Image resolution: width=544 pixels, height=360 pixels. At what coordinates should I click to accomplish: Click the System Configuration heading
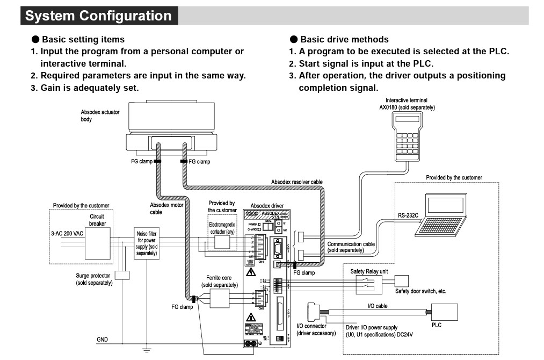98,16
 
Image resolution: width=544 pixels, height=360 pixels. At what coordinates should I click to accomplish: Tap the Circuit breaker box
97,240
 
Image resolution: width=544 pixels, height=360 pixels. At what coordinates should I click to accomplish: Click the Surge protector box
122,275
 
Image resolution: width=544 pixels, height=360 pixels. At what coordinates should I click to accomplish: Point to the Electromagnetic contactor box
222,242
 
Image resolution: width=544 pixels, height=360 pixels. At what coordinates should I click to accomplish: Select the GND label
102,340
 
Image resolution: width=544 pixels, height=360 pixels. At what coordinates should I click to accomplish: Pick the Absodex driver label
267,205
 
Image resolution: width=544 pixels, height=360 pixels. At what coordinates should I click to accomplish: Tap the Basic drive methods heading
344,39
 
